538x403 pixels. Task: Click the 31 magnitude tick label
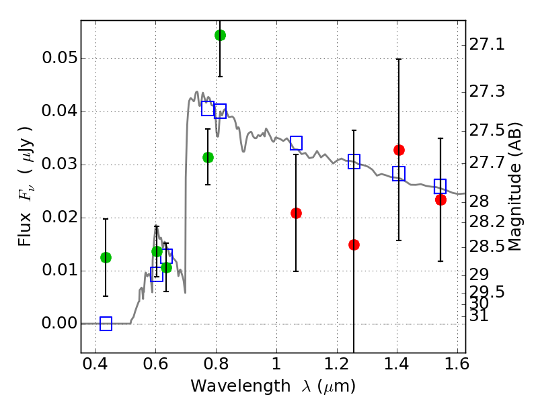coord(479,315)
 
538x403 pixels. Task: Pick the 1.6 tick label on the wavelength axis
coord(456,367)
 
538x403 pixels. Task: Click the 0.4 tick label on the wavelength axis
coord(95,367)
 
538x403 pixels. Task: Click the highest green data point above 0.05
coord(220,35)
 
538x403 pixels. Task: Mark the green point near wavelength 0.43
coord(106,257)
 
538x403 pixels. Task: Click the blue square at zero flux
coord(106,324)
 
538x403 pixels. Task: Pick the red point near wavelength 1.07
coord(296,213)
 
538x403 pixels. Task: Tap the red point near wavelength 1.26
coord(354,244)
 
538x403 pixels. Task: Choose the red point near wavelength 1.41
coord(399,150)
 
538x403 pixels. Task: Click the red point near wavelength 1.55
coord(440,199)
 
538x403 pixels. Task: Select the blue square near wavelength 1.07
coord(296,142)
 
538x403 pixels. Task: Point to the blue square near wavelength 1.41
coord(399,173)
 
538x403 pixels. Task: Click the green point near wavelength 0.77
coord(208,157)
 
